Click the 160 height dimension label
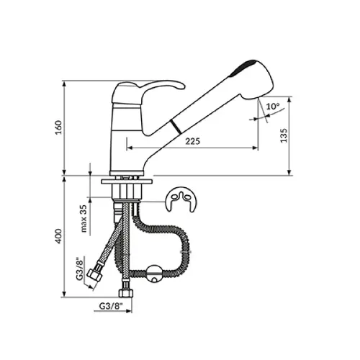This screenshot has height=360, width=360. pos(59,127)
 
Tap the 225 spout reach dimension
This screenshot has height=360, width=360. pos(192,141)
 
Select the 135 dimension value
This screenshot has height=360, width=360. pos(284,135)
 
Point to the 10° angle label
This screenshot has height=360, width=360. pos(273,106)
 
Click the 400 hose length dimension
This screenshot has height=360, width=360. pos(59,236)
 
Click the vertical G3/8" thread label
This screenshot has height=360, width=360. pos(79,269)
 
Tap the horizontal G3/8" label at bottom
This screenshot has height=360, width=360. pos(111,306)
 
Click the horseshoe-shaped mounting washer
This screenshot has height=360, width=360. pos(181,199)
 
